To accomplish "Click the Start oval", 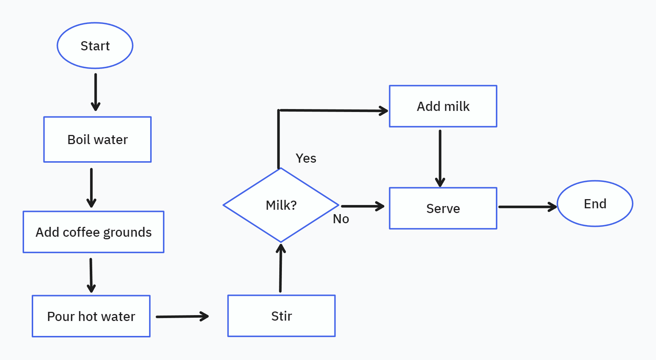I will pyautogui.click(x=95, y=46).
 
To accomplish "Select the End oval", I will pyautogui.click(x=595, y=204).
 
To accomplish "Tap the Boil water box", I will pyautogui.click(x=97, y=139).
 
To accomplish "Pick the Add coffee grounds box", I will pyautogui.click(x=93, y=232).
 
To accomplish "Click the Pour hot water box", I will pyautogui.click(x=91, y=316).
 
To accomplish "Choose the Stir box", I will pyautogui.click(x=281, y=316).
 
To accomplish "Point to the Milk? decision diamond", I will pyautogui.click(x=281, y=205).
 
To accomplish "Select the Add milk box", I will pyautogui.click(x=443, y=106).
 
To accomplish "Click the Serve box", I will pyautogui.click(x=443, y=208).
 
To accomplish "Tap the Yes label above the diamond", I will pyautogui.click(x=306, y=158).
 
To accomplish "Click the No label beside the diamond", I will pyautogui.click(x=341, y=219).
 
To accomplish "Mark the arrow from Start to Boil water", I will pyautogui.click(x=96, y=92).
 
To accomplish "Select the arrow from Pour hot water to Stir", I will pyautogui.click(x=182, y=317).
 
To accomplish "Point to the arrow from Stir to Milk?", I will pyautogui.click(x=280, y=268).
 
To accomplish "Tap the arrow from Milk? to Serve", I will pyautogui.click(x=362, y=206).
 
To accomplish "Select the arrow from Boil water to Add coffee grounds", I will pyautogui.click(x=91, y=187).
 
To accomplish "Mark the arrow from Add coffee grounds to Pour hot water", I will pyautogui.click(x=91, y=275).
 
